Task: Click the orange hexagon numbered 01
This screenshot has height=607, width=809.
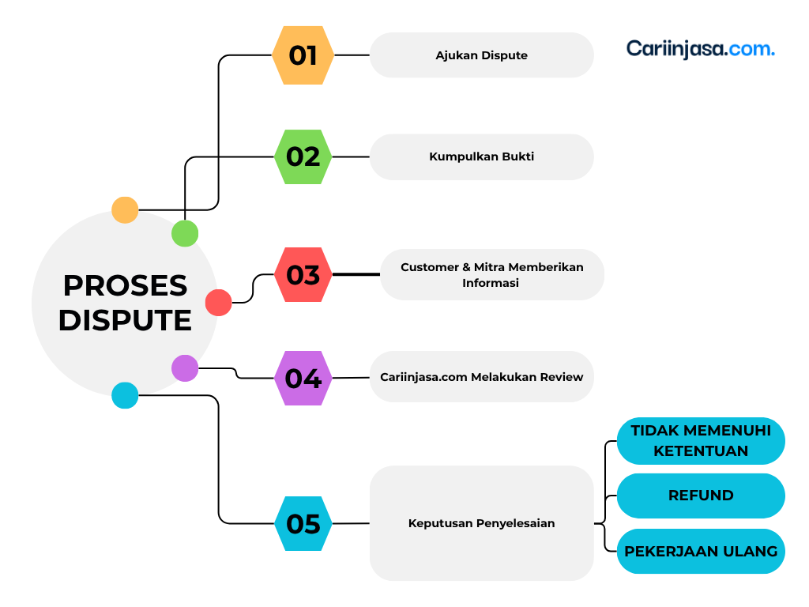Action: [303, 55]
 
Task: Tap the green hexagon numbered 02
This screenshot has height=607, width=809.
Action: [303, 157]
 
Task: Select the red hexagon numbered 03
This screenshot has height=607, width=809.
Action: [303, 274]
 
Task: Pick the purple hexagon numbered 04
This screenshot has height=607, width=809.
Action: [303, 379]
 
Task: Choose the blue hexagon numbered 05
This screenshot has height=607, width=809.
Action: [303, 523]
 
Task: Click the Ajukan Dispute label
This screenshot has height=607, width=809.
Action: [481, 55]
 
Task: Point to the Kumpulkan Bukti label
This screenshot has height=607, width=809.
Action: [481, 157]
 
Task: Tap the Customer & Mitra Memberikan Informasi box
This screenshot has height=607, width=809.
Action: [492, 274]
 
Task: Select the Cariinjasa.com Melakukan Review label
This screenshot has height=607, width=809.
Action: [481, 377]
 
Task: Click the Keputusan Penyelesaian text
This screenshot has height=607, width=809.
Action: [481, 523]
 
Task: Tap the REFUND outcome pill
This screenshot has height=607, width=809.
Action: [701, 496]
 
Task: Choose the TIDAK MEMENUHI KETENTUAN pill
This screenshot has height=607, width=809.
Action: [701, 441]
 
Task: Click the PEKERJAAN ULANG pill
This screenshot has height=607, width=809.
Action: [701, 551]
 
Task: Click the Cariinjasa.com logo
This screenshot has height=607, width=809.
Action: [701, 49]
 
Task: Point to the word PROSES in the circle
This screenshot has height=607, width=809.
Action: [125, 286]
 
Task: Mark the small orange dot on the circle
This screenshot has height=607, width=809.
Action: [125, 210]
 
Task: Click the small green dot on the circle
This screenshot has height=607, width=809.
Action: [185, 233]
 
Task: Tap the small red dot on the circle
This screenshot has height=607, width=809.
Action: [218, 303]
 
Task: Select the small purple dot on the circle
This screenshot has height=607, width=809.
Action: [185, 368]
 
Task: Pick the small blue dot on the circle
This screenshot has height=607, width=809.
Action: [125, 395]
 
